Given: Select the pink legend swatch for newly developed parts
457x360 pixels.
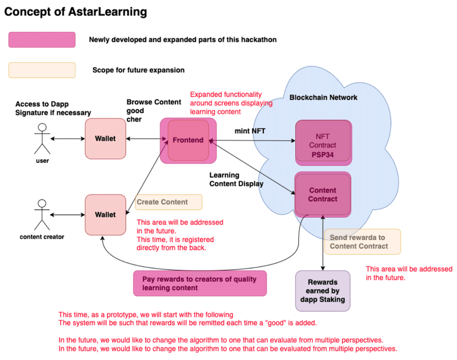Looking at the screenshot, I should pos(42,40).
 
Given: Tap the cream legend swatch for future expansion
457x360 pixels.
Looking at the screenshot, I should pos(42,70).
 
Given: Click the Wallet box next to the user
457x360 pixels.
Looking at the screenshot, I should pos(105,139).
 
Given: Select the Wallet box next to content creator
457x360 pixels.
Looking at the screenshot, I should pos(105,214).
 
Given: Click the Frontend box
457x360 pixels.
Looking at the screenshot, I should pos(188,140).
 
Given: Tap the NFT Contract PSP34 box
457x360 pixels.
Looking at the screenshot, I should pos(322,141).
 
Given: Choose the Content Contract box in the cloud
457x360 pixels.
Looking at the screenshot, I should pos(322,194).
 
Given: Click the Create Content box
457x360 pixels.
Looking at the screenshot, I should pos(170,202).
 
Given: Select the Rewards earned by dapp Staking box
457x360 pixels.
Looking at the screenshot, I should pos(322,290).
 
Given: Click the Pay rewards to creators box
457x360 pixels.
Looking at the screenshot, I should pos(199,283).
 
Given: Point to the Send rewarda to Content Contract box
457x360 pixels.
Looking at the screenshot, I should pos(362,242).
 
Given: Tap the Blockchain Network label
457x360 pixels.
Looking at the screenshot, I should pos(323,98).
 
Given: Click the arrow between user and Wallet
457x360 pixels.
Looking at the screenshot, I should pos(67,139).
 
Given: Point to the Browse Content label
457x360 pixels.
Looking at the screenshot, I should pos(154,102).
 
